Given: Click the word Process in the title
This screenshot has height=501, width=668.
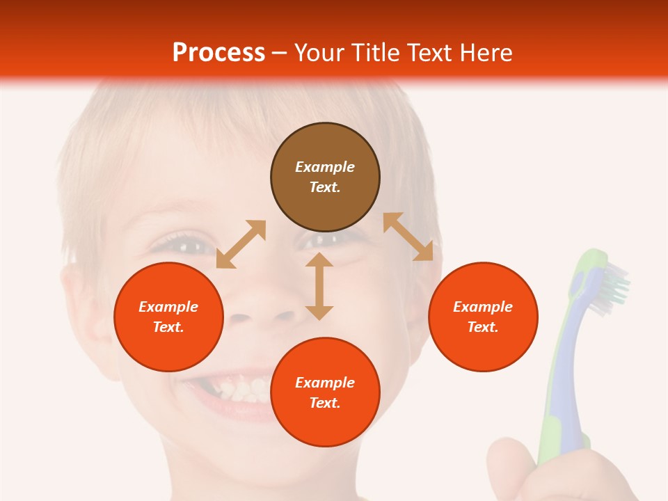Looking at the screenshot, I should tap(218, 53).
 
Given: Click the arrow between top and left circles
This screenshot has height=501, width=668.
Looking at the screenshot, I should tap(241, 244).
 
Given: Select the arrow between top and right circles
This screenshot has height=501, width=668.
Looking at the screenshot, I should tap(408, 237).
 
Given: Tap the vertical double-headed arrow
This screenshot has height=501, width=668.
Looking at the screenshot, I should tap(319, 286).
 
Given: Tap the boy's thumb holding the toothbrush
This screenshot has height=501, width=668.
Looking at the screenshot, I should tap(511, 466).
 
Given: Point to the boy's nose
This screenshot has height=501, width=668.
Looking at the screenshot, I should tap(261, 313).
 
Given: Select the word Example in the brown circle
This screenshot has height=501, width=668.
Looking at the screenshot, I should tap(325, 167).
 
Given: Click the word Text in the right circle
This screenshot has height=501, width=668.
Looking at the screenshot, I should tap(483, 327).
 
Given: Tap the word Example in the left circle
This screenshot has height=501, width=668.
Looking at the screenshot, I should tap(168, 307).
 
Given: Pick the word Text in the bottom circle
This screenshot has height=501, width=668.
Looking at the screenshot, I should tap(325, 403).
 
